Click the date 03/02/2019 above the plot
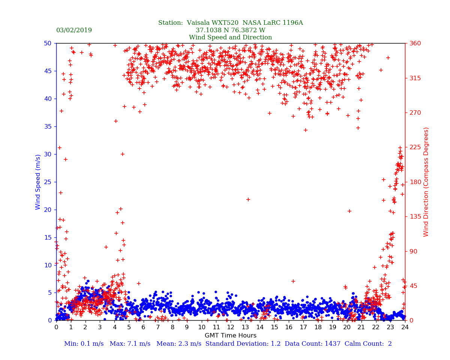click(74, 30)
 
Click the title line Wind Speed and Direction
click(230, 37)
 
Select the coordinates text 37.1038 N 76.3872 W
click(230, 30)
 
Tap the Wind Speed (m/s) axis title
click(38, 181)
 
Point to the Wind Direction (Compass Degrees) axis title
click(426, 181)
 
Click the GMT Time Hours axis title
click(230, 336)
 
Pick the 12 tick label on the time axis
click(230, 327)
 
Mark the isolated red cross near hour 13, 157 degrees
click(248, 199)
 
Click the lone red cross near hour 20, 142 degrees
click(349, 211)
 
